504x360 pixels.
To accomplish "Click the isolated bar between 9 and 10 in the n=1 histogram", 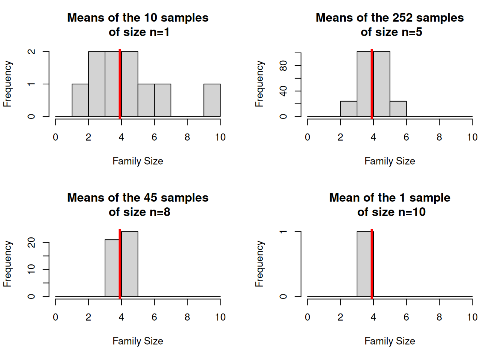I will coord(212,100).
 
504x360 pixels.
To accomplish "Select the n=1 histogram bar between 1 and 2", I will coord(80,100).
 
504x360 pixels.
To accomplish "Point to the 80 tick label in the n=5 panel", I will coord(283,66).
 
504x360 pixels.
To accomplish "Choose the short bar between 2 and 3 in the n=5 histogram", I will coord(348,109).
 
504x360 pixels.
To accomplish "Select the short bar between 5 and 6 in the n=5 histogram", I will coord(398,109).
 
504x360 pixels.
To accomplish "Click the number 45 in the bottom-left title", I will coord(148,198).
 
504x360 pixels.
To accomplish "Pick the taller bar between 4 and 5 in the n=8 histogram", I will coord(130,264).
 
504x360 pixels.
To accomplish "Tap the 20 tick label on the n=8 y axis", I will coord(31,243).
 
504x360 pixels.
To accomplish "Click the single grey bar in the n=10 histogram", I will coord(364,264).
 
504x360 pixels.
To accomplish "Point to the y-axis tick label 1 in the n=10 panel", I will coord(283,232).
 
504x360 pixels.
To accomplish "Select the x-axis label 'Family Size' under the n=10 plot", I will coord(390,341).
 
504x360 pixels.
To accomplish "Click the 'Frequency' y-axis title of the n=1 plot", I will coord(7,84).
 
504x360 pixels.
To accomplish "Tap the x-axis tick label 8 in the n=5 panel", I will coord(439,137).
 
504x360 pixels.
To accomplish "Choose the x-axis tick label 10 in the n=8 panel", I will coord(220,317).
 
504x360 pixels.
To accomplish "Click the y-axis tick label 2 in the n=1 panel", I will coord(31,52).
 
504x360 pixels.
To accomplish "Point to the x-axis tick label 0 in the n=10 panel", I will coord(307,317).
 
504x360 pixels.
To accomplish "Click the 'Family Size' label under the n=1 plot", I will coord(138,161).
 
